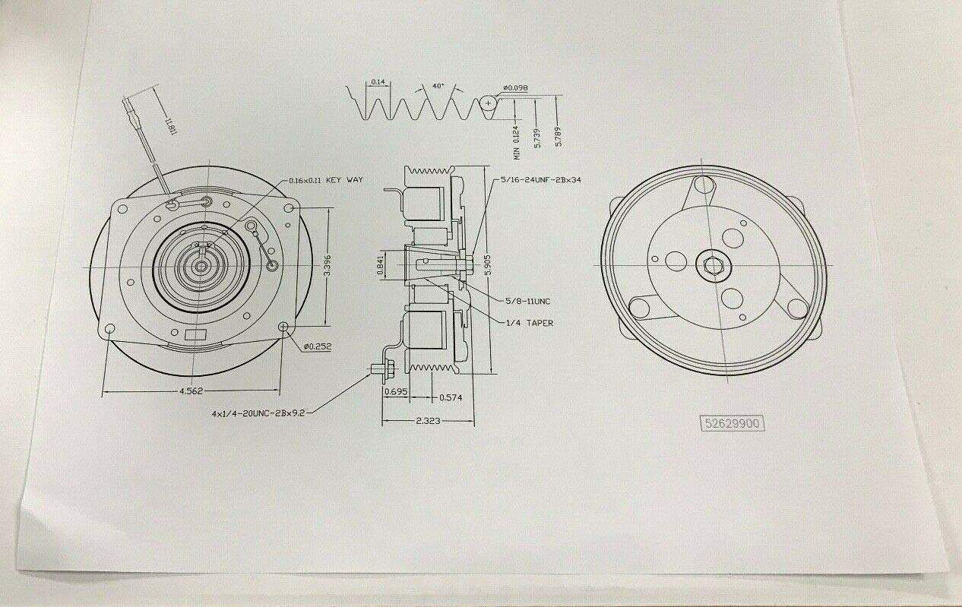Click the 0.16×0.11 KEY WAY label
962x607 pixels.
pos(326,180)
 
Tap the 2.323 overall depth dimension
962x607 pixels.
pos(429,419)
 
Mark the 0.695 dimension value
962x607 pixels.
pos(395,392)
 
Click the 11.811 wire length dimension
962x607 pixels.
pos(168,121)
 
